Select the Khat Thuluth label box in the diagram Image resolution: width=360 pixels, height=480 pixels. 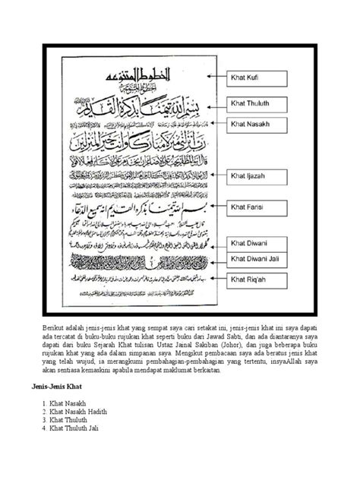pyautogui.click(x=251, y=100)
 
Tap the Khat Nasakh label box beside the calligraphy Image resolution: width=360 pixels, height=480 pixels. pyautogui.click(x=251, y=122)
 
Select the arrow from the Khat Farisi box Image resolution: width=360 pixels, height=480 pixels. pyautogui.click(x=213, y=204)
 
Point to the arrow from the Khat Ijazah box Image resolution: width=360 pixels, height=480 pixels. pyautogui.click(x=215, y=174)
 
